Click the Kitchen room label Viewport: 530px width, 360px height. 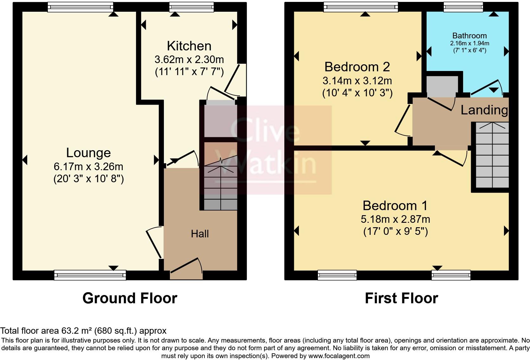189,46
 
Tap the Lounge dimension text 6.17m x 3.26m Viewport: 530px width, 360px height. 88,167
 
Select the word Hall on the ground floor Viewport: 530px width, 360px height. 200,234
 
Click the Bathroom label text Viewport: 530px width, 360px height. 469,36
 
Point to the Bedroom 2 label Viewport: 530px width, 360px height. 357,67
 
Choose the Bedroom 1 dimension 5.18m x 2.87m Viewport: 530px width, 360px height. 395,219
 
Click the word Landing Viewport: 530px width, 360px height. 484,110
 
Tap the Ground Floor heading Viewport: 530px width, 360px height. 130,298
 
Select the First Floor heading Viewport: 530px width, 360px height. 401,298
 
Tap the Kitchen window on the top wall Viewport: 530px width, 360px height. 191,7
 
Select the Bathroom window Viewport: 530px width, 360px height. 463,7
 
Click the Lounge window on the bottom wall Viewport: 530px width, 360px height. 90,275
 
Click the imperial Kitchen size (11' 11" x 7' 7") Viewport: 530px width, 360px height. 189,72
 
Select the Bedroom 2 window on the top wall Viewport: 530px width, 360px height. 361,7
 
